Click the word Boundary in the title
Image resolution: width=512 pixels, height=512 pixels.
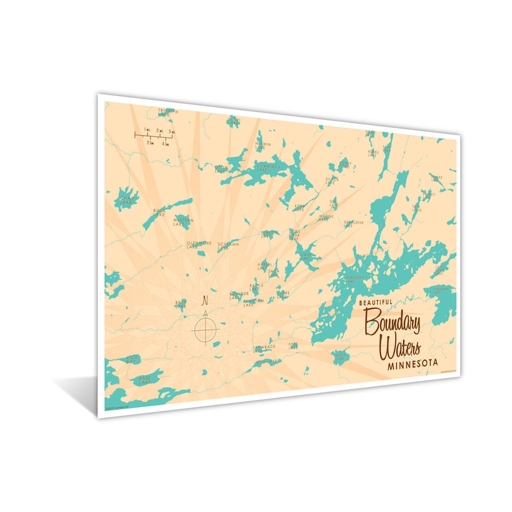392,323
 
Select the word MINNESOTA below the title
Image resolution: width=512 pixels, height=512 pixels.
413,365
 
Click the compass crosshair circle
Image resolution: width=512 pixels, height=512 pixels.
205,330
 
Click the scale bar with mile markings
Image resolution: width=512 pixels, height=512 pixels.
154,135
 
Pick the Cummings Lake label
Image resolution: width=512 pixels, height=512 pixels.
268,168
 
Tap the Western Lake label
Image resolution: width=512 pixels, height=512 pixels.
183,222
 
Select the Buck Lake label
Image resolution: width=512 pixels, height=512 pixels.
159,212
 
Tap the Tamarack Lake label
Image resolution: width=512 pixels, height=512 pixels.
264,348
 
